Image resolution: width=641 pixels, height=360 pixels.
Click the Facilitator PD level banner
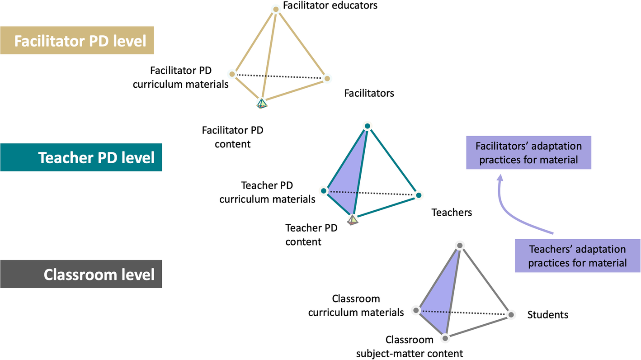pos(77,41)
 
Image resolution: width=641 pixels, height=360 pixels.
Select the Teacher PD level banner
pos(81,157)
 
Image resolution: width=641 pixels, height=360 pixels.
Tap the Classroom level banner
pos(81,274)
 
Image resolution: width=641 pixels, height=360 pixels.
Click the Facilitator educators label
pos(330,5)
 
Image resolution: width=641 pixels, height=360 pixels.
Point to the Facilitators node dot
pos(327,79)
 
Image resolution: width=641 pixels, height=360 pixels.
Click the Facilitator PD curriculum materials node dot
pos(232,74)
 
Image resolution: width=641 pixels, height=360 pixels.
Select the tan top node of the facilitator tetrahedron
pos(275,9)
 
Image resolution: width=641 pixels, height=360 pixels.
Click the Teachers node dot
pos(419,195)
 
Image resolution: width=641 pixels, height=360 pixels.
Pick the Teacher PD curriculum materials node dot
pos(324,191)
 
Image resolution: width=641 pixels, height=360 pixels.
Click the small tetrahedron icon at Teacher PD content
pos(353,220)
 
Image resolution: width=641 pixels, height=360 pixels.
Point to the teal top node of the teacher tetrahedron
pos(368,126)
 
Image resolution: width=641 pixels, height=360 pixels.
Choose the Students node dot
pos(511,315)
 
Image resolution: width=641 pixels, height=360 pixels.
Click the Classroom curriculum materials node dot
pos(416,311)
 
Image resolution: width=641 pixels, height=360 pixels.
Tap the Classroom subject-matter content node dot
pos(445,338)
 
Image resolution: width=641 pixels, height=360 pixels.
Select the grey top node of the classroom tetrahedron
pos(459,246)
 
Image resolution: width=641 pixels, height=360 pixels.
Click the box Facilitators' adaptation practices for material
pos(528,153)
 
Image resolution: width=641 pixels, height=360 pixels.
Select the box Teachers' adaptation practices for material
pos(577,256)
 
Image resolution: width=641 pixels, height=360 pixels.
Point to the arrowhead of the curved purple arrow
pos(500,178)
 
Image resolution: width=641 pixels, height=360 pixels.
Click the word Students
pos(547,314)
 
